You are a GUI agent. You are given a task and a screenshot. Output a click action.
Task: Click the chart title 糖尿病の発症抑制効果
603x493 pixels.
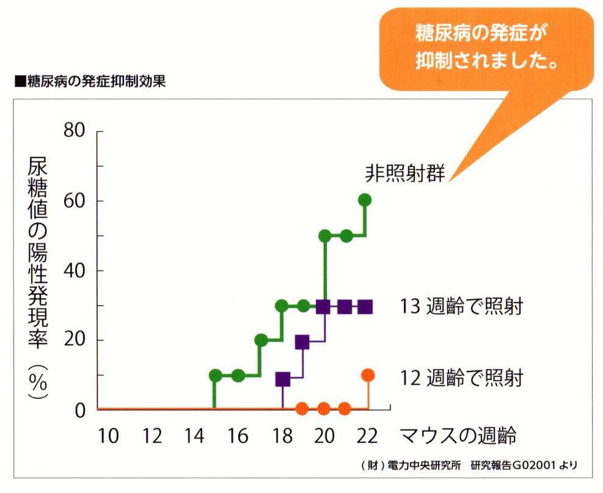click(89, 82)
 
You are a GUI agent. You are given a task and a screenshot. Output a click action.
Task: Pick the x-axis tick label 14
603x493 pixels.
click(195, 436)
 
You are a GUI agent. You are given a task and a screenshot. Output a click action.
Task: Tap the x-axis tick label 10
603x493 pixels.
click(108, 436)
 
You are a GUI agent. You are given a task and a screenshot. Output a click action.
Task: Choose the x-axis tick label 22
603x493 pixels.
click(368, 436)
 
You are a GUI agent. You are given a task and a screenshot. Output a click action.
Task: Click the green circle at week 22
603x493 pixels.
click(365, 200)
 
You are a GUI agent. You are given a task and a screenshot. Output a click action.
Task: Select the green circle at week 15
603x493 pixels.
click(215, 375)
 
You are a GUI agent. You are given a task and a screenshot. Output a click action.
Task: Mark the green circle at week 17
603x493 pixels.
click(261, 340)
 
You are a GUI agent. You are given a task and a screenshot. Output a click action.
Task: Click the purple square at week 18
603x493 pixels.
click(282, 379)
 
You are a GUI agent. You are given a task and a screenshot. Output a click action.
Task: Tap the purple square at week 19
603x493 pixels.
click(302, 342)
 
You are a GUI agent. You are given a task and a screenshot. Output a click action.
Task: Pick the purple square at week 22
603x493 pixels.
click(365, 306)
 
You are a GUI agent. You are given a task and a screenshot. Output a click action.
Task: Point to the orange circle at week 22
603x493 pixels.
click(368, 374)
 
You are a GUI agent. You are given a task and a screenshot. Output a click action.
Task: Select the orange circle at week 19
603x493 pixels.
click(301, 408)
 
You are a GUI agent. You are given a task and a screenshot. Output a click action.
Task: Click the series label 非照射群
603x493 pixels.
click(404, 173)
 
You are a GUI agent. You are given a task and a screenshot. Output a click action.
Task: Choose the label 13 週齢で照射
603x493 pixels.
click(462, 306)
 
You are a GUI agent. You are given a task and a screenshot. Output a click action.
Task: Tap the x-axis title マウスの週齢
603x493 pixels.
click(458, 436)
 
